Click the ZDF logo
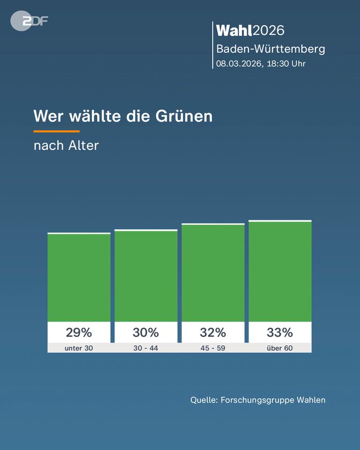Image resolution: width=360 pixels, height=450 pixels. pos(29,21)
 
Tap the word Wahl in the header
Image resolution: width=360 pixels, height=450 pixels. pos(234,30)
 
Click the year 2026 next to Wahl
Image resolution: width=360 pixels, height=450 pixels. pos(269,30)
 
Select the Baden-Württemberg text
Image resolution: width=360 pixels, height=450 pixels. pos(270,49)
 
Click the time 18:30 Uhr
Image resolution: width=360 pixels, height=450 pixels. pos(286,64)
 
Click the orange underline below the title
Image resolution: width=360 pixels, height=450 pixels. pos(56,131)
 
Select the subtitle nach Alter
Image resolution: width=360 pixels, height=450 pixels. pos(66,145)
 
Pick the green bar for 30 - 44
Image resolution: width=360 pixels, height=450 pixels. pos(146,276)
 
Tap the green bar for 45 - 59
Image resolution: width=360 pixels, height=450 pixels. pos(213,273)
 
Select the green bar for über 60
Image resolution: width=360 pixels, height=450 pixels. pos(280,271)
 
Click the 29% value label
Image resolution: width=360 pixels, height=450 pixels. pos(79,332)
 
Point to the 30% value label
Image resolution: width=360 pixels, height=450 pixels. pos(146,332)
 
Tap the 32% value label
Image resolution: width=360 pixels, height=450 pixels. pos(213,332)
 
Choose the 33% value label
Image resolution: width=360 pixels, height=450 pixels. pos(280,332)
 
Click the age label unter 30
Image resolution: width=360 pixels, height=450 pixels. pos(79,348)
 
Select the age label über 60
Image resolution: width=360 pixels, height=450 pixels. pos(280,348)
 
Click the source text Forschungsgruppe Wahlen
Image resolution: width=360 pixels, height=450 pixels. pos(273,400)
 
